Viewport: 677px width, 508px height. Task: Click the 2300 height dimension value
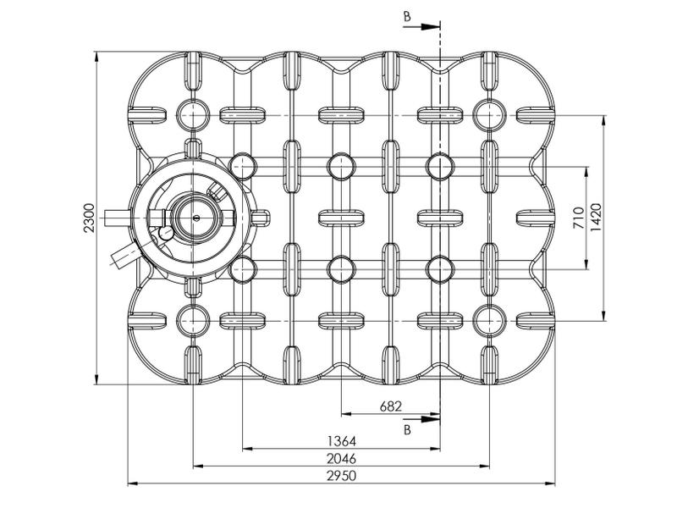coord(89,218)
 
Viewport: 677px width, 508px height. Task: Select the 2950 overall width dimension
coord(341,476)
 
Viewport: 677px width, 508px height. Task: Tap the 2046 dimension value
coord(341,458)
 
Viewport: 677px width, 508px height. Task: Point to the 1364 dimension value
coord(341,441)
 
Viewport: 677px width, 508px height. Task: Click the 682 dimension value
coord(391,406)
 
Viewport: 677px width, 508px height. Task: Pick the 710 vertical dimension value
coord(579,218)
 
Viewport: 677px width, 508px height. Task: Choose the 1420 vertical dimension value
coord(596,218)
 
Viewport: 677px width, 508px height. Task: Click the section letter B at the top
coord(407,17)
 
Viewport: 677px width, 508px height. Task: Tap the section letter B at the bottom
coord(407,430)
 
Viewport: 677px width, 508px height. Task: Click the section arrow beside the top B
coord(421,27)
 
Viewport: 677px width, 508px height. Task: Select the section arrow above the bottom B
coord(421,419)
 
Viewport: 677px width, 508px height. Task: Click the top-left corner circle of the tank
coord(193,116)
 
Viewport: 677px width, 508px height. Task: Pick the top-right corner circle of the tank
coord(489,116)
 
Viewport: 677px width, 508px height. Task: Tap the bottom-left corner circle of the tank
coord(193,321)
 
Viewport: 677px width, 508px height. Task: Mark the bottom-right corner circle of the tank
coord(489,321)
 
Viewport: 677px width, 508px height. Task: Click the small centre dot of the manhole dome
coord(196,218)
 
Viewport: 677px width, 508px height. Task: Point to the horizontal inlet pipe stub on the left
coord(117,218)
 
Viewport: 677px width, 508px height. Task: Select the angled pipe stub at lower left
coord(124,256)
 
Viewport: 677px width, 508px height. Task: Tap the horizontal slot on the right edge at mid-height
coord(536,218)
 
